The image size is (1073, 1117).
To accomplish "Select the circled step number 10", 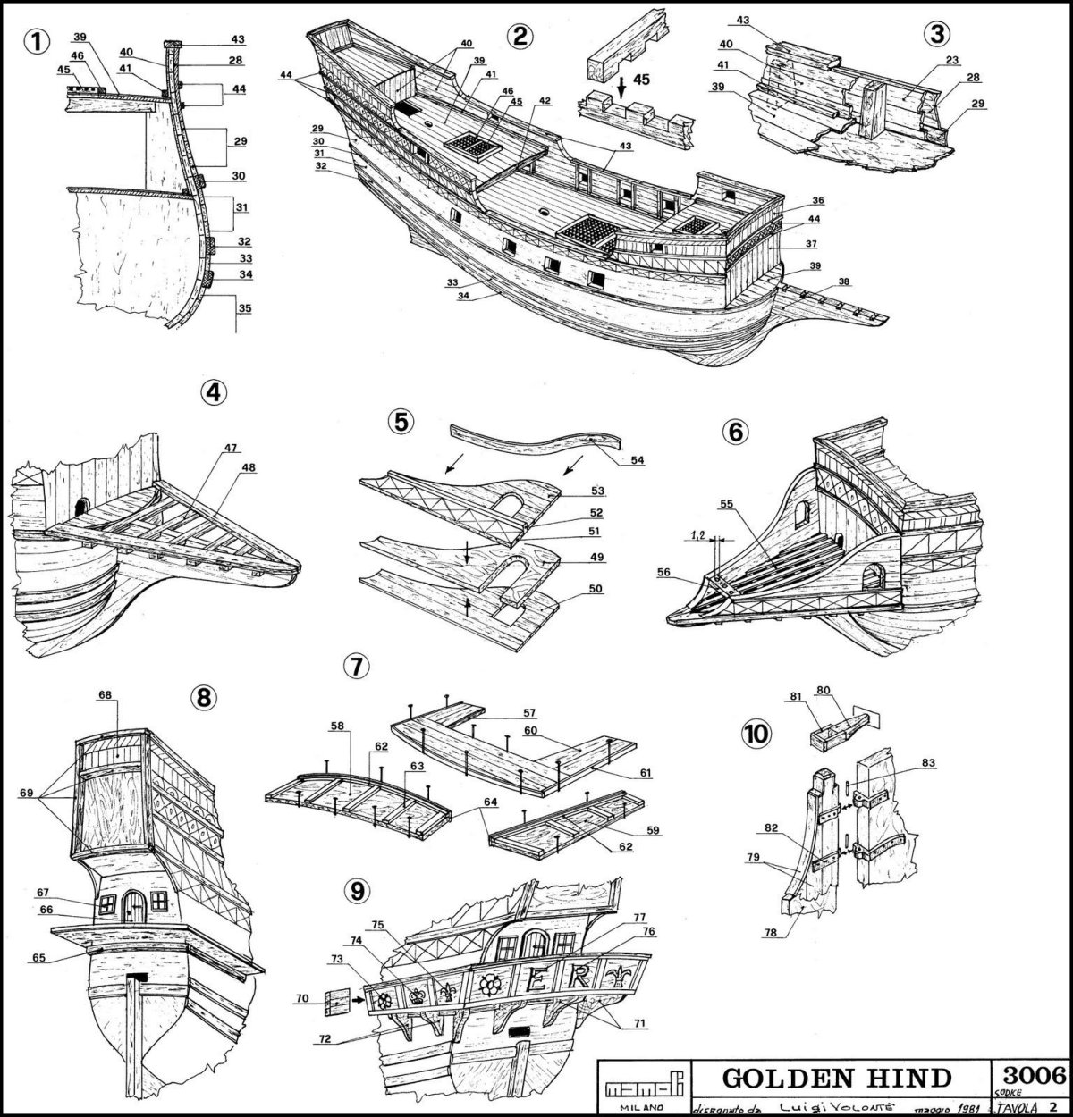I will point(755,735).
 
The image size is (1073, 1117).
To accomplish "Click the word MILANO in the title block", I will point(633,1105).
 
